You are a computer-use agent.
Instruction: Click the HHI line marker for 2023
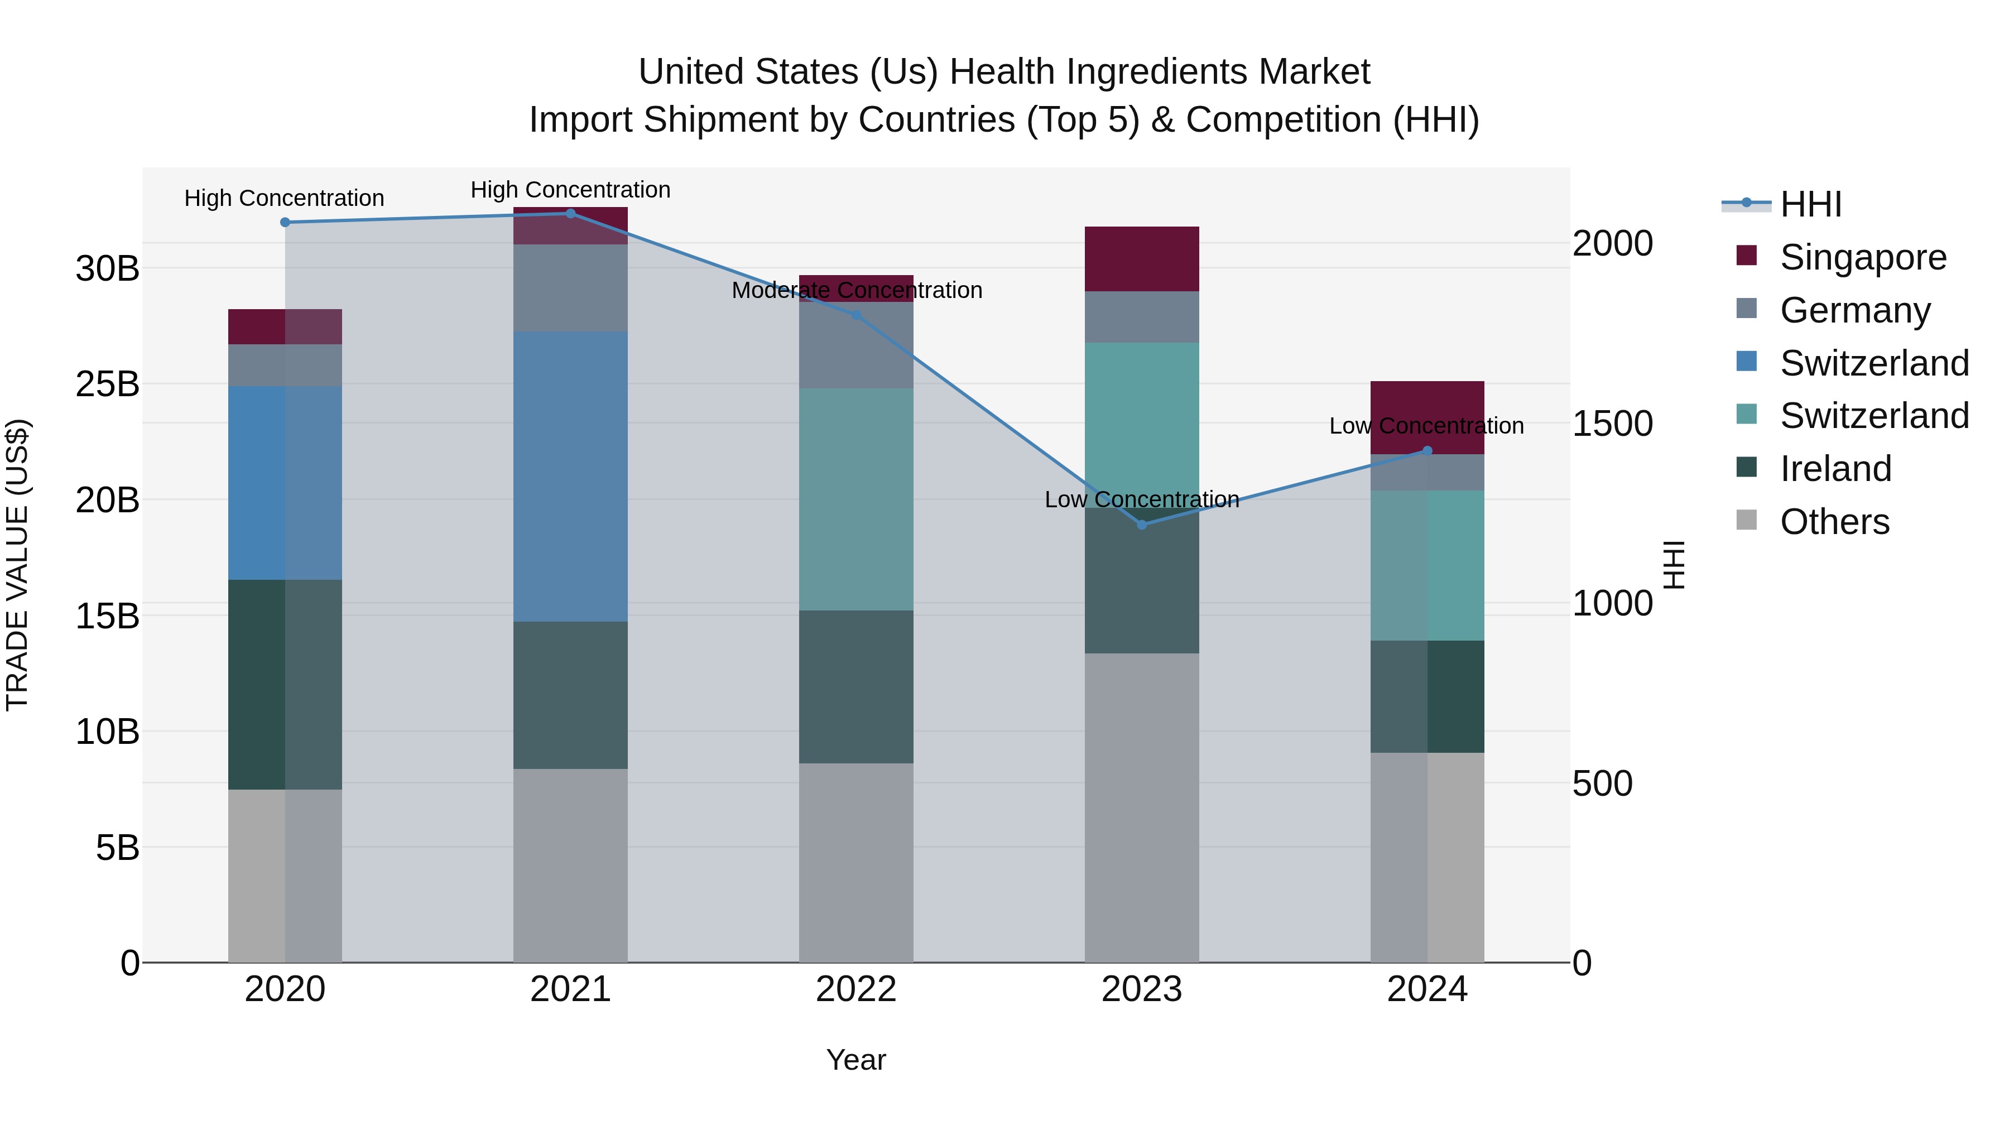pyautogui.click(x=1142, y=525)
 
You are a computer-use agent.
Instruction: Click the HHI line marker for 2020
pyautogui.click(x=285, y=222)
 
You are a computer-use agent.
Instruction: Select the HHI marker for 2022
pyautogui.click(x=855, y=315)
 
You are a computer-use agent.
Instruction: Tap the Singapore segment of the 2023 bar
pyautogui.click(x=1142, y=259)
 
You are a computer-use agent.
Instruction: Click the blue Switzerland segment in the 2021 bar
pyautogui.click(x=570, y=477)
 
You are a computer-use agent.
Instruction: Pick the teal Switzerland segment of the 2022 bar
pyautogui.click(x=855, y=499)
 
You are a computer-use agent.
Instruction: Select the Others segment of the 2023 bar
pyautogui.click(x=1142, y=807)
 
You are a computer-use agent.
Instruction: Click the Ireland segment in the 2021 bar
pyautogui.click(x=570, y=695)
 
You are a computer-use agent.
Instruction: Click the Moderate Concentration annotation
pyautogui.click(x=856, y=290)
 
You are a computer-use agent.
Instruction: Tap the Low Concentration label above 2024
pyautogui.click(x=1426, y=426)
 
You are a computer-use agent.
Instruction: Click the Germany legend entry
pyautogui.click(x=1854, y=310)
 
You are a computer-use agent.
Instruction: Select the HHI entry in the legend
pyautogui.click(x=1809, y=204)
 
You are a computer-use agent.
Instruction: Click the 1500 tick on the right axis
pyautogui.click(x=1611, y=424)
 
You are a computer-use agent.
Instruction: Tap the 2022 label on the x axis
pyautogui.click(x=855, y=989)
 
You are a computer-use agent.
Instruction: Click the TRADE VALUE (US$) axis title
pyautogui.click(x=17, y=565)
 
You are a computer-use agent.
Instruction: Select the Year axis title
pyautogui.click(x=855, y=1060)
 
